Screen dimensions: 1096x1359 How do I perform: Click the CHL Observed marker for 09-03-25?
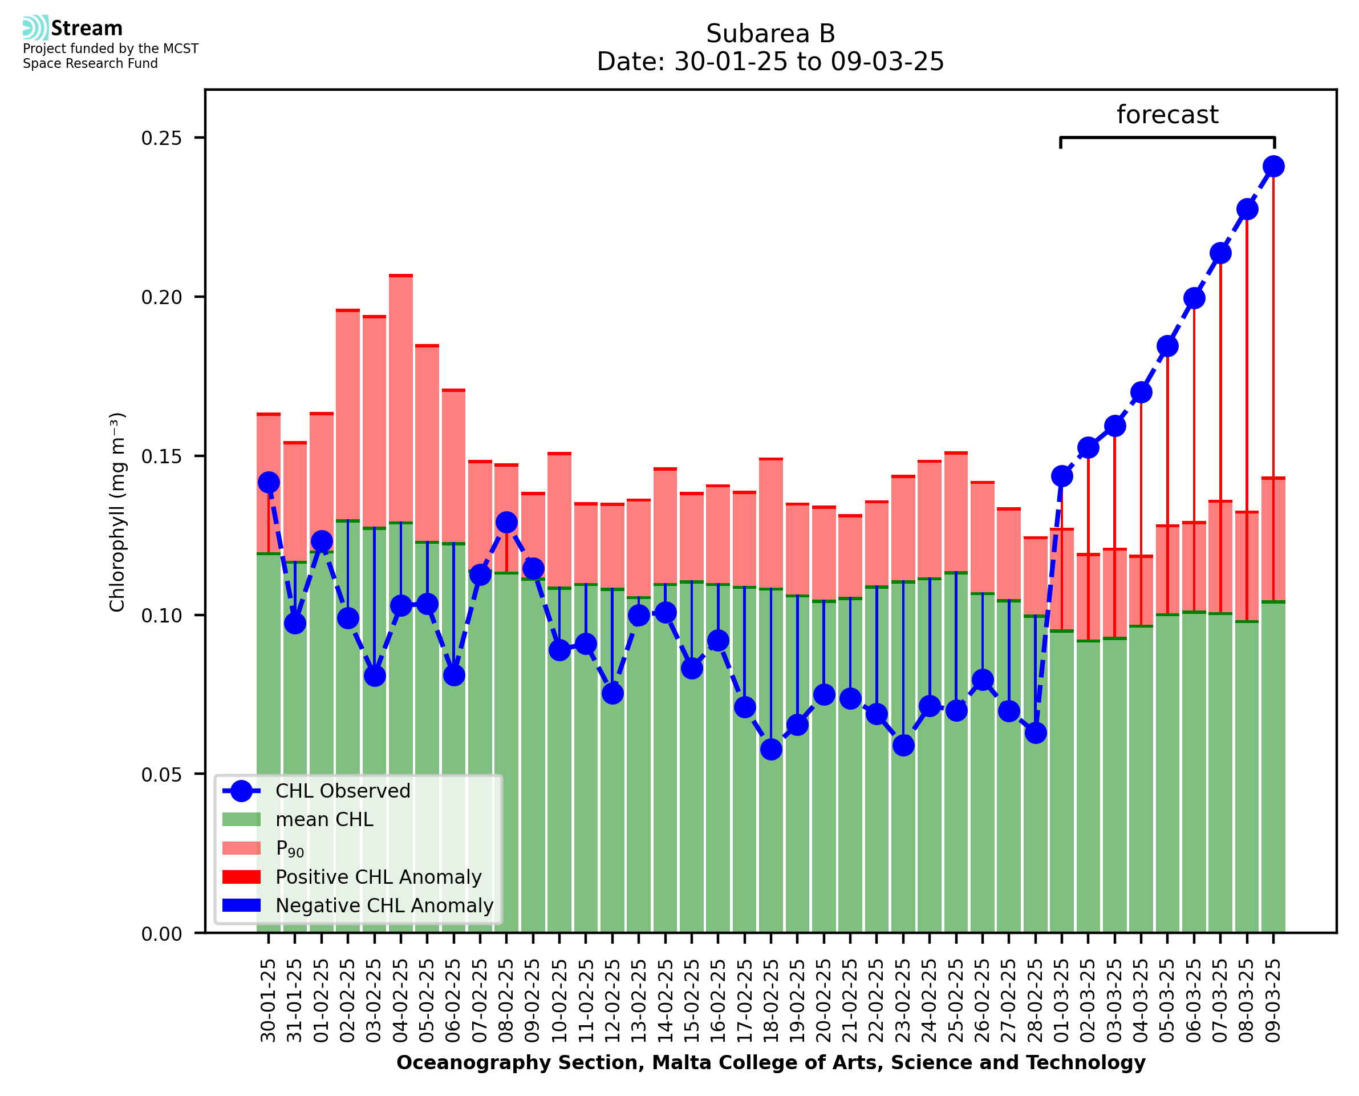click(1273, 167)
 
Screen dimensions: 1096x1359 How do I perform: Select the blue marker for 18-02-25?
click(771, 749)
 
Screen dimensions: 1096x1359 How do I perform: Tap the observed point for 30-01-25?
click(269, 482)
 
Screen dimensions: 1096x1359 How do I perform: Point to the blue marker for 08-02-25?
click(506, 522)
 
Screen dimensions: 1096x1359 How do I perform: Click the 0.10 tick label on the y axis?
click(161, 616)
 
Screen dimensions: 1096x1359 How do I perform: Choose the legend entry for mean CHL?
click(324, 819)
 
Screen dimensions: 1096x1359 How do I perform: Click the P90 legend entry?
click(290, 848)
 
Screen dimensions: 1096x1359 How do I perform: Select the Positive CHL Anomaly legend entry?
click(378, 877)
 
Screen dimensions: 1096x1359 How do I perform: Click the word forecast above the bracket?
click(1167, 115)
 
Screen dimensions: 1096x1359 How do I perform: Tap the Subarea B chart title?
click(770, 34)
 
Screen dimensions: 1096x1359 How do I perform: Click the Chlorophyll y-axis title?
click(117, 512)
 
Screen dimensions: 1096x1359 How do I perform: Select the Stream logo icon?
click(35, 28)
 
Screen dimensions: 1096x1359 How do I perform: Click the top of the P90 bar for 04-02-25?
click(401, 276)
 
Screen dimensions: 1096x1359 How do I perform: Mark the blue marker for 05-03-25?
click(1167, 346)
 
